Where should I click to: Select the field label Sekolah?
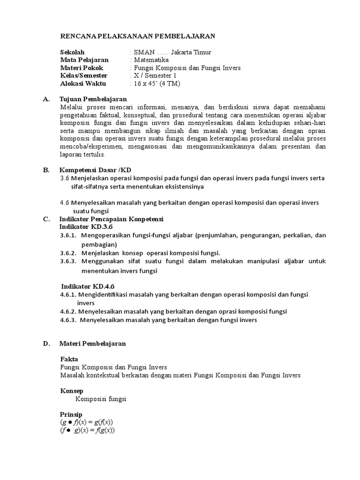73,52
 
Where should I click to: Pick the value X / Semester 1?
155,75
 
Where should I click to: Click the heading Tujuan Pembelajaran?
93,99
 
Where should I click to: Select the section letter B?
46,170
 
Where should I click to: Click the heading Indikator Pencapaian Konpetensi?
111,219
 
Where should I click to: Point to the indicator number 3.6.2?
68,253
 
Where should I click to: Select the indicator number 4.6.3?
68,321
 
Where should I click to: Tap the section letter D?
46,344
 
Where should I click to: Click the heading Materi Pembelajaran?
92,344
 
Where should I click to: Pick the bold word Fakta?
69,359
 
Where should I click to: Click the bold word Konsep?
72,390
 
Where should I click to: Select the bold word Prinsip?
71,414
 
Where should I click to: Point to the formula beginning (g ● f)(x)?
87,422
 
